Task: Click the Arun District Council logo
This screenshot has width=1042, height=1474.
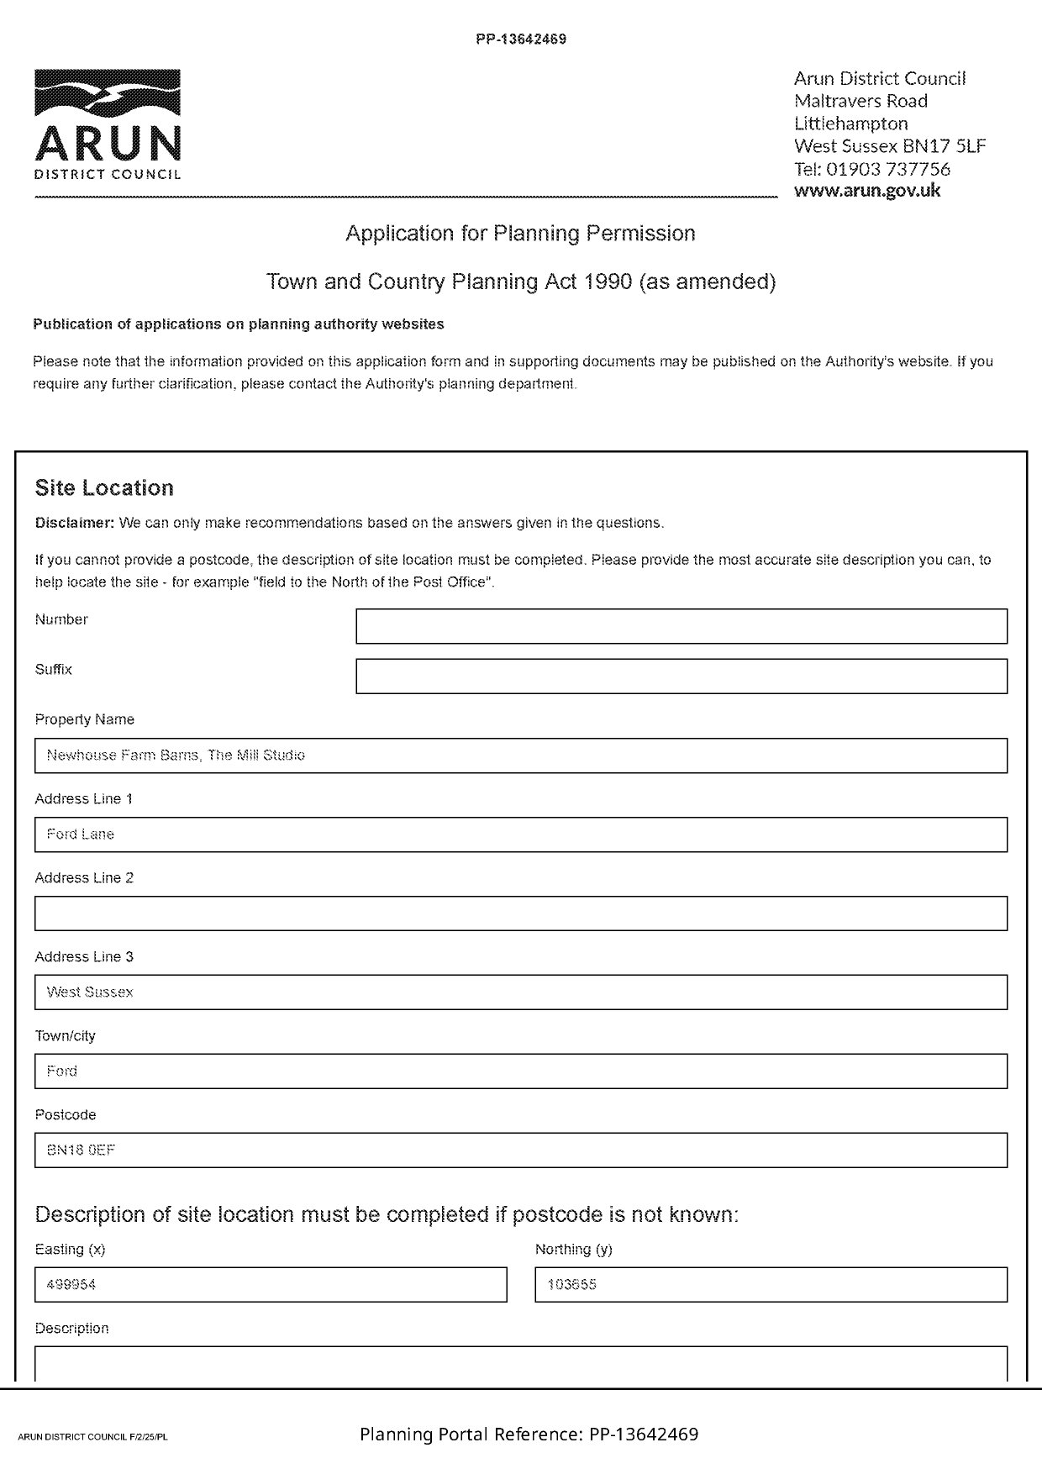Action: (108, 124)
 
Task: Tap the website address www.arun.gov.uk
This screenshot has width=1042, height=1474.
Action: (867, 190)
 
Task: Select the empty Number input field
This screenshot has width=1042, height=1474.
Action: (681, 626)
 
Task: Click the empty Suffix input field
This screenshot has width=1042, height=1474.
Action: (681, 676)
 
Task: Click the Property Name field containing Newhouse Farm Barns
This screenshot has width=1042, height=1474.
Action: (520, 755)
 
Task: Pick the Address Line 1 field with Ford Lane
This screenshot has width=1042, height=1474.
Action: (520, 834)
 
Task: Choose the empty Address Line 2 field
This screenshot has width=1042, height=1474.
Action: (520, 913)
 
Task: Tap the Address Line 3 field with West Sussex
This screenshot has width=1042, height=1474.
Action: (520, 992)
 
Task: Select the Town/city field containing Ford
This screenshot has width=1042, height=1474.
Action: (520, 1071)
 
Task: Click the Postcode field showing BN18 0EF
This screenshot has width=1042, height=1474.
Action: (520, 1150)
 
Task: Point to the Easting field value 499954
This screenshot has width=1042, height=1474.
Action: (271, 1285)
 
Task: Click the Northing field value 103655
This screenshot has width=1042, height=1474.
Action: (771, 1285)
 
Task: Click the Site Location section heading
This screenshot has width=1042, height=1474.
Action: (104, 488)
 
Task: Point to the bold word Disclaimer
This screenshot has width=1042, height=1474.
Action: (74, 523)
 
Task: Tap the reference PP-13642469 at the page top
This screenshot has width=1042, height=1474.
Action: (521, 39)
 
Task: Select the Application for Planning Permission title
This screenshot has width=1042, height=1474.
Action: (520, 233)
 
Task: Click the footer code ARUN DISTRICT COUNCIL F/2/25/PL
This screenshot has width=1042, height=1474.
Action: (92, 1437)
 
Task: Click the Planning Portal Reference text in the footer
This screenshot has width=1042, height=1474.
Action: (529, 1435)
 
